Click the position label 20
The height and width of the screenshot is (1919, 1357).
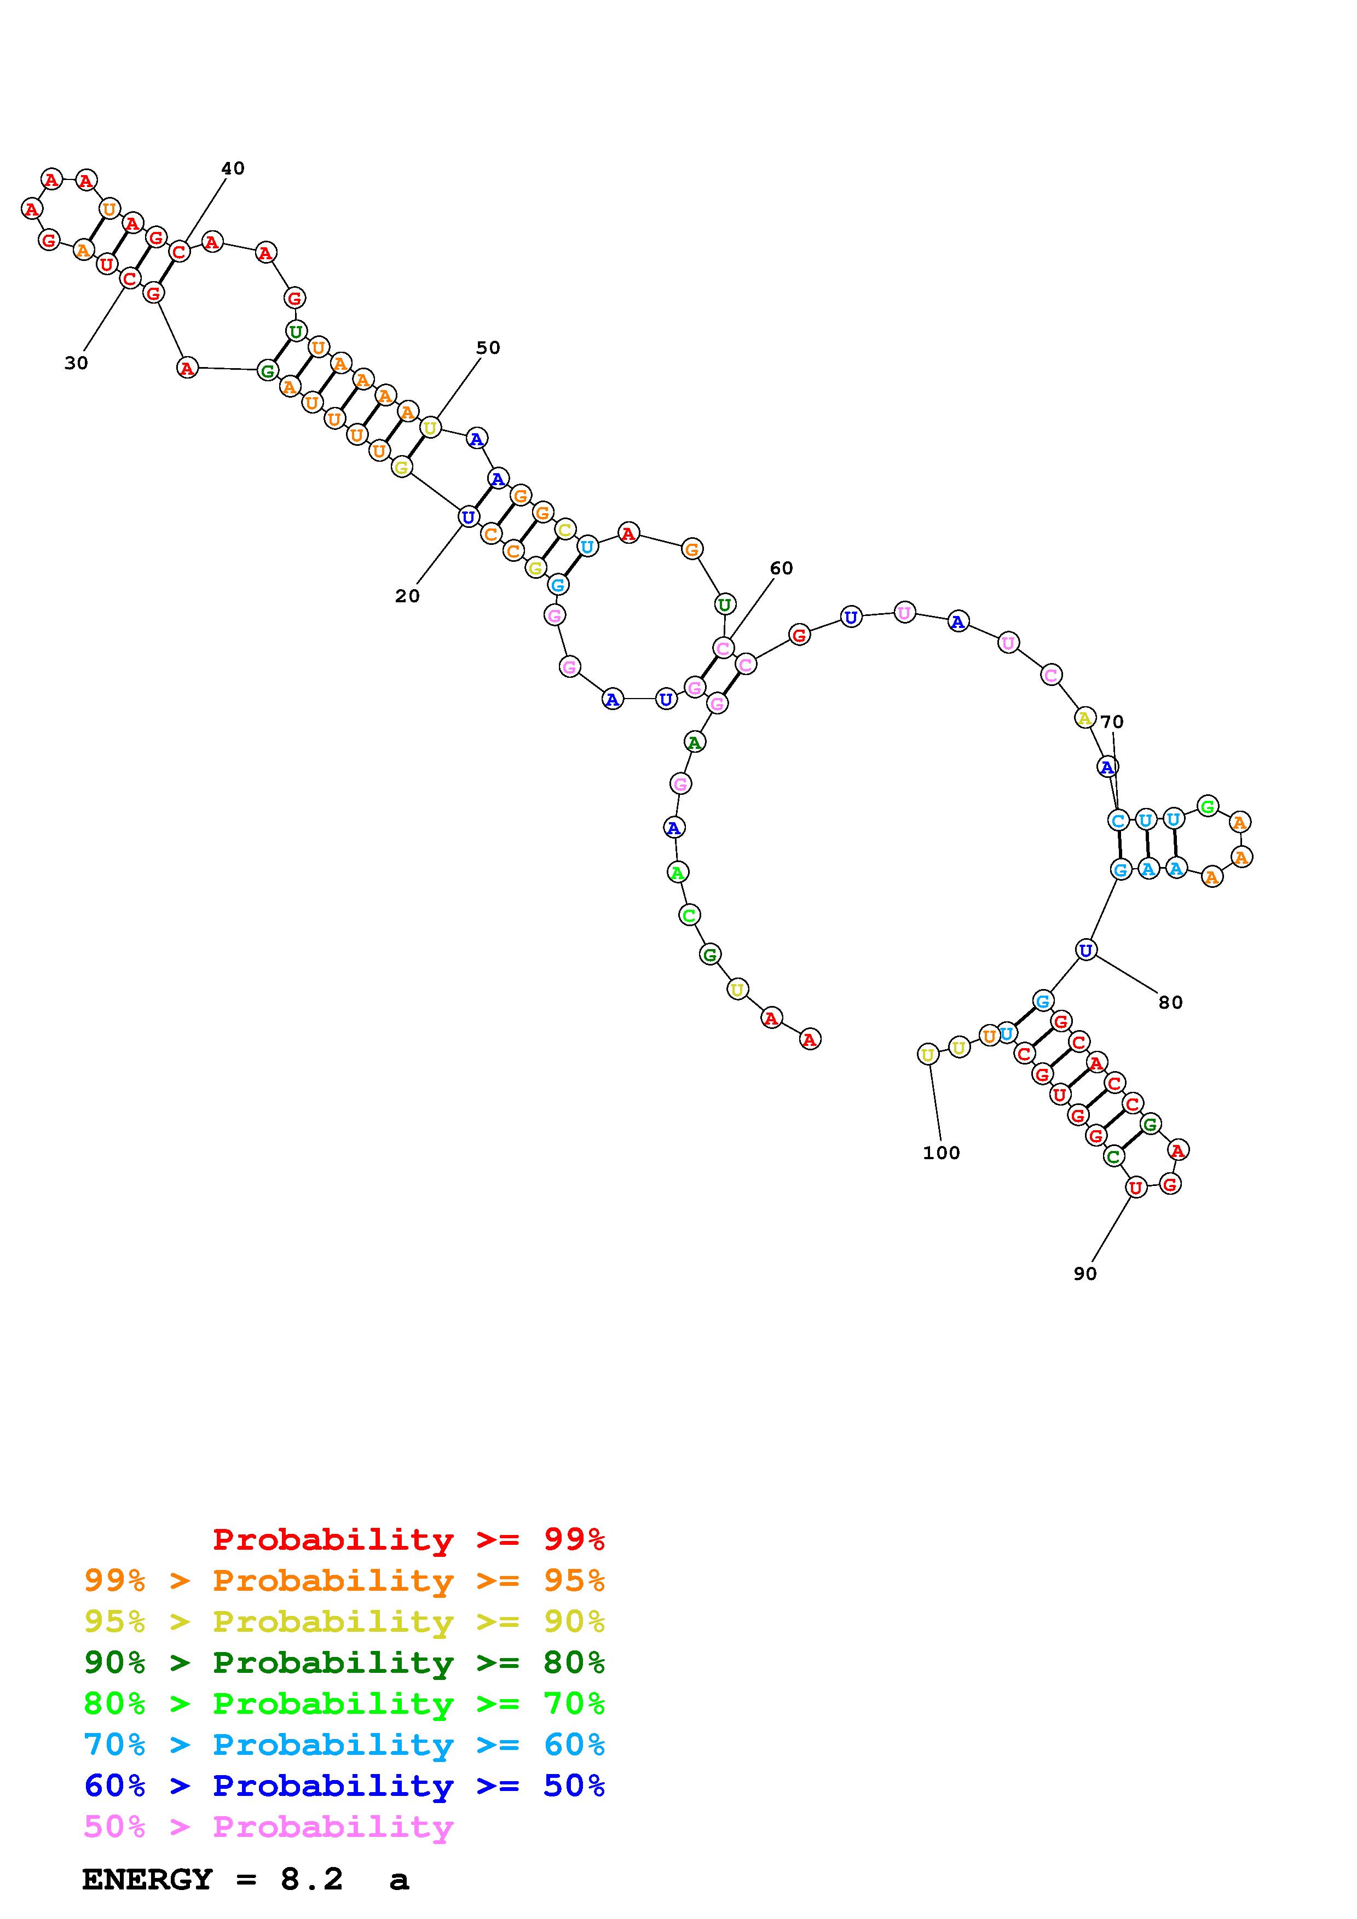tap(407, 596)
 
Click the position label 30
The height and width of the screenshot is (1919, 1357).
tap(76, 363)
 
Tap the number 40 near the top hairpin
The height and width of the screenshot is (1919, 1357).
tap(233, 168)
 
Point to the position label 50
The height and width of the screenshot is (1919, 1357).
tap(488, 348)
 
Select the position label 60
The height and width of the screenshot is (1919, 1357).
tap(781, 568)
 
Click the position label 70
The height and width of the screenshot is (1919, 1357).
tap(1112, 722)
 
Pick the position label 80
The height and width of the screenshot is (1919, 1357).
tap(1170, 1003)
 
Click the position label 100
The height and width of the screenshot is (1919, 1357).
tap(942, 1153)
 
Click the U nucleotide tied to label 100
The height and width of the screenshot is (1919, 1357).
tap(927, 1055)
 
